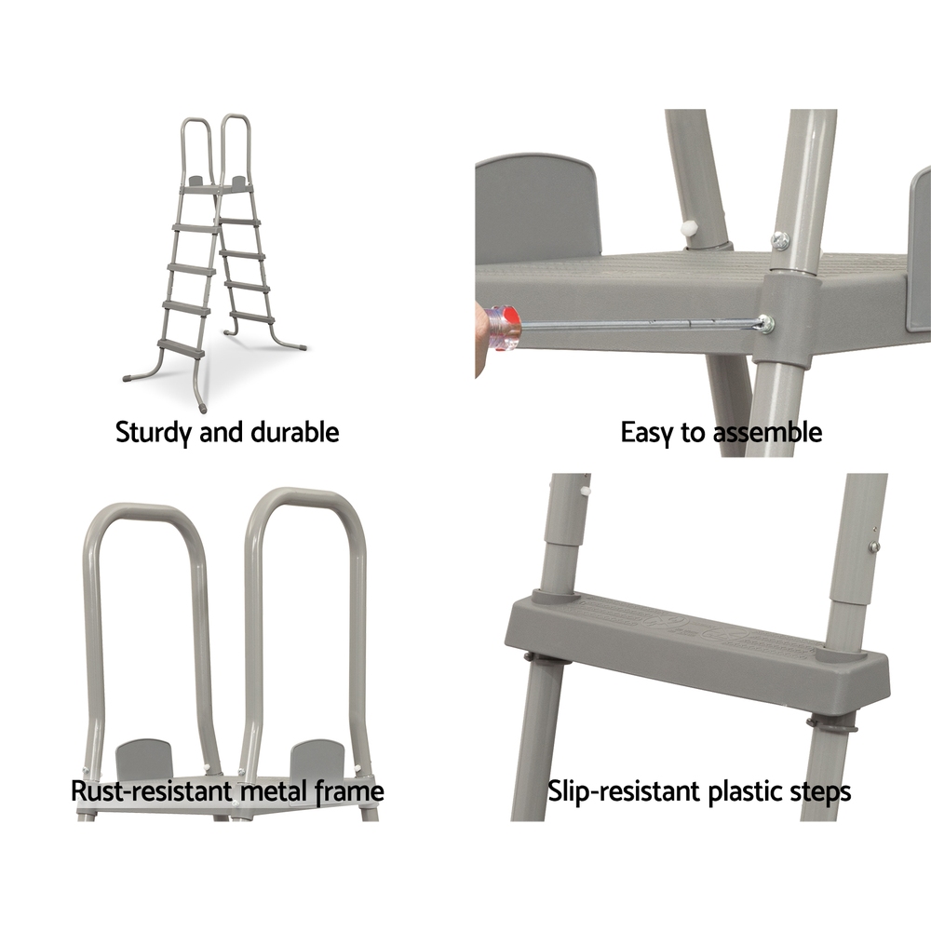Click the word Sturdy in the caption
(x=155, y=432)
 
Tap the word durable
(x=295, y=432)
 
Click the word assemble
(x=767, y=432)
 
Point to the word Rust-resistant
(x=152, y=790)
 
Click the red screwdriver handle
(x=503, y=328)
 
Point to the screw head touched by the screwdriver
(x=764, y=324)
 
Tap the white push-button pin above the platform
(x=689, y=227)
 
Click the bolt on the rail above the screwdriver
(x=779, y=240)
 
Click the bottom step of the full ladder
(x=182, y=347)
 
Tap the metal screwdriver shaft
(x=641, y=325)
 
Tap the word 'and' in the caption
(x=223, y=432)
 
